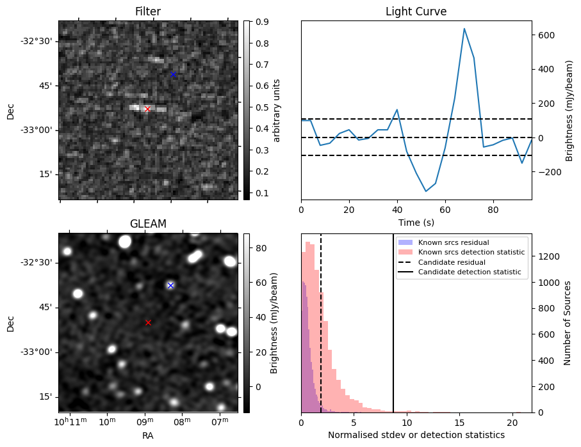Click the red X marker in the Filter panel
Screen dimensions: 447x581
pos(147,109)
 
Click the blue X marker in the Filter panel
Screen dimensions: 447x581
pos(173,75)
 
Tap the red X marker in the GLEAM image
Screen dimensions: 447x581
pos(148,322)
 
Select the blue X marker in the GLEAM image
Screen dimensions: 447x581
pos(170,285)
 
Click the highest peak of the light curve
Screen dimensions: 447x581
pos(464,29)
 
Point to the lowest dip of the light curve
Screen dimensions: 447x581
pos(425,191)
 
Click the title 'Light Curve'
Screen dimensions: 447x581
pos(416,12)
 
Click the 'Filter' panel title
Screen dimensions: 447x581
pos(147,12)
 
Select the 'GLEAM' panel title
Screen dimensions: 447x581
pos(147,224)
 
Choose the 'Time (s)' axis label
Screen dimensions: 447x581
pos(416,221)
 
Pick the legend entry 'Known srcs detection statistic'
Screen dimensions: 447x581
pos(471,253)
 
